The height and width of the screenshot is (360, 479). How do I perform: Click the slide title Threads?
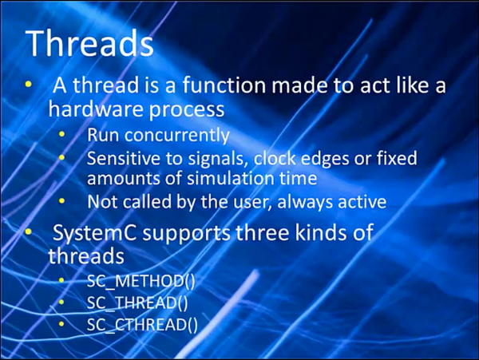pyautogui.click(x=90, y=42)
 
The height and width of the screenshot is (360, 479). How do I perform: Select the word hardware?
pyautogui.click(x=96, y=109)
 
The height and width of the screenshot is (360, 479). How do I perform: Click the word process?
pyautogui.click(x=187, y=110)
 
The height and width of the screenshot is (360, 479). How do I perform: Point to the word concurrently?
pyautogui.click(x=176, y=135)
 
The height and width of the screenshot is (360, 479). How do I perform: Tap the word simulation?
pyautogui.click(x=229, y=178)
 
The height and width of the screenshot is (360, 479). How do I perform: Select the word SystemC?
pyautogui.click(x=94, y=233)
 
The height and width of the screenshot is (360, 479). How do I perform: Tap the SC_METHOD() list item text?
pyautogui.click(x=141, y=281)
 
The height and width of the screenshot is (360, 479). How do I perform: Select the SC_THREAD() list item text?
pyautogui.click(x=137, y=303)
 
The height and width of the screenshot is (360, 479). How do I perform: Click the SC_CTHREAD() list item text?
pyautogui.click(x=142, y=325)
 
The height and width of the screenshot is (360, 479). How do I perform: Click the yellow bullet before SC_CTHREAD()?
pyautogui.click(x=61, y=323)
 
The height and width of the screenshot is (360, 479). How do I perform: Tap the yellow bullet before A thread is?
pyautogui.click(x=29, y=84)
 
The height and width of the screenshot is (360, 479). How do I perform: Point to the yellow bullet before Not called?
pyautogui.click(x=62, y=201)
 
